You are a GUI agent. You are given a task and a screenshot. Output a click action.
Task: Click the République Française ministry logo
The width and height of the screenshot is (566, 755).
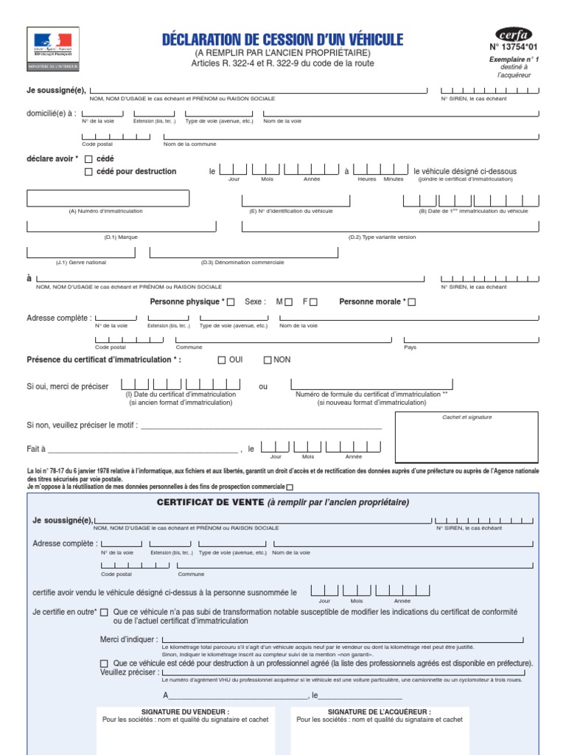tap(53, 49)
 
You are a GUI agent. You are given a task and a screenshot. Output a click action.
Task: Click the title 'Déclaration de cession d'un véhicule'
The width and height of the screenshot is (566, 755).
tap(282, 40)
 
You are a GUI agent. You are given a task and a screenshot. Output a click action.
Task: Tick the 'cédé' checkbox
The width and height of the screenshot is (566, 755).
tap(89, 159)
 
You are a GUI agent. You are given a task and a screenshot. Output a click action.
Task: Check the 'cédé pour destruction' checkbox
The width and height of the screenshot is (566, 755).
tap(89, 172)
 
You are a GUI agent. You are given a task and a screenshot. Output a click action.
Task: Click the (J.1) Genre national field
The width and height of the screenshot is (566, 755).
tap(81, 252)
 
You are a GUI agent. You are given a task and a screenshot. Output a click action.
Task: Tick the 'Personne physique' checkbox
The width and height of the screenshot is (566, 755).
tap(231, 302)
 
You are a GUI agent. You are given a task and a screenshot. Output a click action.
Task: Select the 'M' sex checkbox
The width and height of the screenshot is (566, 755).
tap(289, 302)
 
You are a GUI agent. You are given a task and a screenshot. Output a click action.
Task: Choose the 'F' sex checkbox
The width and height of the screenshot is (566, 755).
tap(314, 302)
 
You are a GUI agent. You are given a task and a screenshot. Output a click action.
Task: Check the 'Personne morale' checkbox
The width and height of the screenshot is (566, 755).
tap(412, 302)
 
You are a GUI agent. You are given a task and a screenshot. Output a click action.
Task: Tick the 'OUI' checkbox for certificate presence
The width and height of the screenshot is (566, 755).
tap(222, 360)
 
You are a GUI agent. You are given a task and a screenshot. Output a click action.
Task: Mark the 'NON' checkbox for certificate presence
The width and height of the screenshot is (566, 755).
tap(268, 360)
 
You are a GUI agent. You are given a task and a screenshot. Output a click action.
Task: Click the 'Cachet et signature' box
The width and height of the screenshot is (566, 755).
tap(467, 438)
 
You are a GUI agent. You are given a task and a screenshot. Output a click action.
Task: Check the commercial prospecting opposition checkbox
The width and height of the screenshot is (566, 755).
tap(289, 487)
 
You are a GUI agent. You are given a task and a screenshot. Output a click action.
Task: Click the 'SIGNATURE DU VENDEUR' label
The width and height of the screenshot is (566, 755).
tap(185, 711)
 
